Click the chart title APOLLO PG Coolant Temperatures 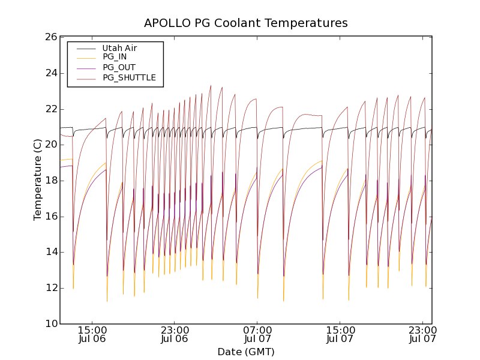246,23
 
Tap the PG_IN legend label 115,58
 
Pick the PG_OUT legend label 119,68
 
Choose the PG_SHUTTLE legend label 129,78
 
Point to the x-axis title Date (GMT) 246,352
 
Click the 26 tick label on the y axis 50,37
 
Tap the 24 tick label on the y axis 50,73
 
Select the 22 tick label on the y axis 50,109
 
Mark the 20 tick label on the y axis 50,145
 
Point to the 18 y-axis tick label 50,181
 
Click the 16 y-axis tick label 50,217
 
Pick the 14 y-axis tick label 50,252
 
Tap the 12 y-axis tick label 50,288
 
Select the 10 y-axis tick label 50,324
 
